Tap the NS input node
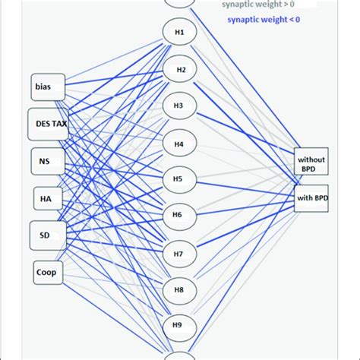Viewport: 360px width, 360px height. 46,161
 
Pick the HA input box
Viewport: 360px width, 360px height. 46,198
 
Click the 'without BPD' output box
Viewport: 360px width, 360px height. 311,162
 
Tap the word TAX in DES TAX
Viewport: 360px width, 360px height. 59,124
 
